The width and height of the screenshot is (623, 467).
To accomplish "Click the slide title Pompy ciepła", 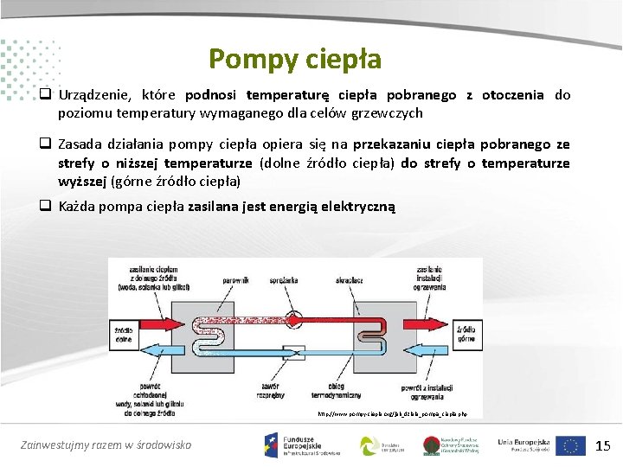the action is [x=294, y=59].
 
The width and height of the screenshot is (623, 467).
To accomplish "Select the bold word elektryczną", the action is [x=357, y=207].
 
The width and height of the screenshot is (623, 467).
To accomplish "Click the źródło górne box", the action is [x=467, y=335].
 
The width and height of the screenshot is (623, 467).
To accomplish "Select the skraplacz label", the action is [x=350, y=279].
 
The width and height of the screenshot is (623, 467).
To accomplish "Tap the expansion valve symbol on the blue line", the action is [x=294, y=352].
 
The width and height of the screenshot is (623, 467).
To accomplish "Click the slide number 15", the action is [x=603, y=445].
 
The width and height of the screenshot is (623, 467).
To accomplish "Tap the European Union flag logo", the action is [x=570, y=445].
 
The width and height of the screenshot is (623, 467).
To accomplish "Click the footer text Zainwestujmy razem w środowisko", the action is [x=106, y=445].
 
